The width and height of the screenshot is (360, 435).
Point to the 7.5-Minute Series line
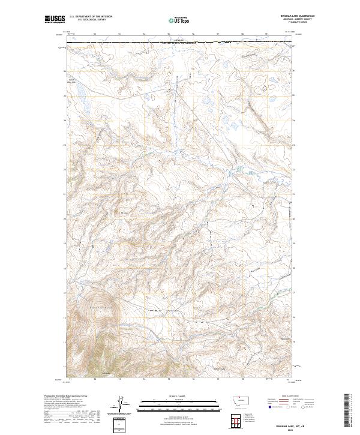click(304, 23)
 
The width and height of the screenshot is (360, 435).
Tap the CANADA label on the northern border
click(180, 40)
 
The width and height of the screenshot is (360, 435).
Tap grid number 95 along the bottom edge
click(169, 379)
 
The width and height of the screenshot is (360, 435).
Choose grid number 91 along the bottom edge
click(70, 379)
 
